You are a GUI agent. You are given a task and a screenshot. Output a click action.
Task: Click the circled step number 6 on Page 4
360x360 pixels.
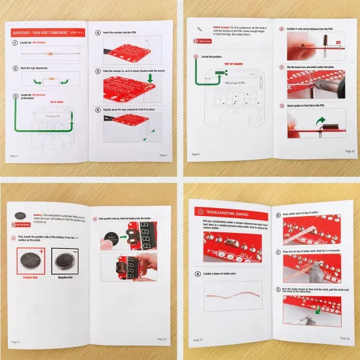[x=98, y=111]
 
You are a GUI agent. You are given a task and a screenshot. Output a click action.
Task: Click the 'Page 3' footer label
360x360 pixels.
[x=14, y=155]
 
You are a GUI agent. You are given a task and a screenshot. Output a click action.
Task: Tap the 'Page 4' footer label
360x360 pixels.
[x=163, y=155]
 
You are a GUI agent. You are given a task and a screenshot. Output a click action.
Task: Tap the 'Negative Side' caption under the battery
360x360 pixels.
[x=65, y=278]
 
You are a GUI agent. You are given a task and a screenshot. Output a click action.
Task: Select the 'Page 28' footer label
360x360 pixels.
[x=344, y=338]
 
